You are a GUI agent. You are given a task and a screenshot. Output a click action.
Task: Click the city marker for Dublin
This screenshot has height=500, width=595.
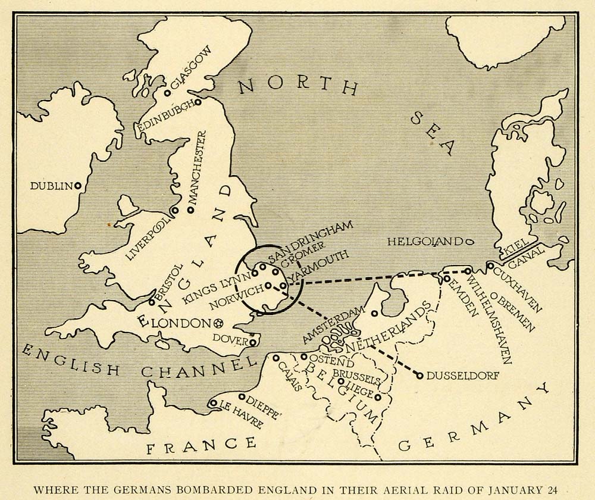point(77,186)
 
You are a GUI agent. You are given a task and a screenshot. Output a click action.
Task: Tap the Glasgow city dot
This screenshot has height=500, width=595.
point(168,93)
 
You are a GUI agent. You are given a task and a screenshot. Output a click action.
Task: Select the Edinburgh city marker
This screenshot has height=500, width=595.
point(198,102)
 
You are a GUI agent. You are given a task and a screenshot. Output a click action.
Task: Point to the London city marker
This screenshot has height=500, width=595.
point(218,323)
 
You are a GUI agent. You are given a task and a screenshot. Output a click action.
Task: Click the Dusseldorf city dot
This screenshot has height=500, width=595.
point(420,376)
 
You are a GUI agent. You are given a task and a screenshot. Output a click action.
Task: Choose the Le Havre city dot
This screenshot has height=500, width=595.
point(213,403)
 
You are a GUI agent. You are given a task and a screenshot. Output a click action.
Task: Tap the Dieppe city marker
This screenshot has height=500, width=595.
point(242,396)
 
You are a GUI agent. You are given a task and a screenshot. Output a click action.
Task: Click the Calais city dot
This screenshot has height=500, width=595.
point(276,358)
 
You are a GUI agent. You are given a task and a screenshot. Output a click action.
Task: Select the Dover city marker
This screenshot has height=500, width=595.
point(253,342)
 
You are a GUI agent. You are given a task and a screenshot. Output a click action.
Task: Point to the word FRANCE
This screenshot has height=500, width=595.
point(202,445)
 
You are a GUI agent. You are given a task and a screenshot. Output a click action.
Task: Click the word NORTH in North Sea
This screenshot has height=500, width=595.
point(297,87)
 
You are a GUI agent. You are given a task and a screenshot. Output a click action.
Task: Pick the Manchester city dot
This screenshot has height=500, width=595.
point(190,210)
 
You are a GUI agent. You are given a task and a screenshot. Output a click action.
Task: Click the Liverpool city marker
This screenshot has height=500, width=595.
point(174,210)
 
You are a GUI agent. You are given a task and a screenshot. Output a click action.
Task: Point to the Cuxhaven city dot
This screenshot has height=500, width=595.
point(490,265)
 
